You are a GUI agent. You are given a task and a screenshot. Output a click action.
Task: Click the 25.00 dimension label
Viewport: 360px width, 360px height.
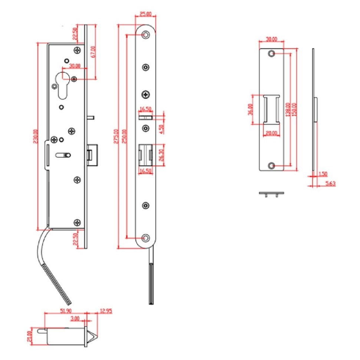point(145,14)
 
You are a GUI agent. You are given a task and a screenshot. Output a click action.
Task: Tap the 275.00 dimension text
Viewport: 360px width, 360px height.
point(116,136)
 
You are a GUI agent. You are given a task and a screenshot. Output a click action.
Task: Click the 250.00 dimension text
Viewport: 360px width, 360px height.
point(124,136)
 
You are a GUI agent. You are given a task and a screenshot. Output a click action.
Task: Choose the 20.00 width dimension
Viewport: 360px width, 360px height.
point(271,133)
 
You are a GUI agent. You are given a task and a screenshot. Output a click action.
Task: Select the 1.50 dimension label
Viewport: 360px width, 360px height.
point(323,174)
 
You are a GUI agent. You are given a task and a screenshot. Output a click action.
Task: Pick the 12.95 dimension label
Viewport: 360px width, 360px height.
point(106,311)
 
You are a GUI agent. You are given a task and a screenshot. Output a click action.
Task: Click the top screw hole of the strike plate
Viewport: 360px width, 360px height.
point(272,54)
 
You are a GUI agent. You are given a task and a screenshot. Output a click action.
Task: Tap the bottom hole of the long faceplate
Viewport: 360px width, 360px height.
point(146,238)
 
